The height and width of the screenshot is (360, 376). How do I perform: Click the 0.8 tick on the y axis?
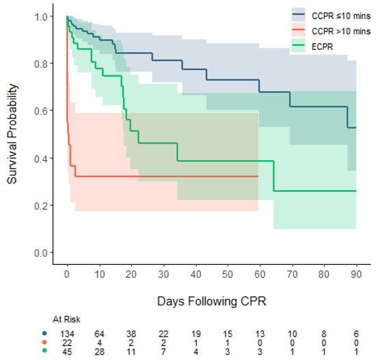[x=42, y=64]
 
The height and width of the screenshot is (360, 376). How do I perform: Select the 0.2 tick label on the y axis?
[x=42, y=205]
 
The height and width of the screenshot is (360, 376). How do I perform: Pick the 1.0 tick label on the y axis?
[x=42, y=16]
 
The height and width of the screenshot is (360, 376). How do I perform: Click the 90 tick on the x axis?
[x=356, y=274]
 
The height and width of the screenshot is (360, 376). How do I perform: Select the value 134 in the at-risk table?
[x=66, y=332]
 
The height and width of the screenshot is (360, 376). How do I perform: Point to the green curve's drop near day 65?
[x=274, y=176]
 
